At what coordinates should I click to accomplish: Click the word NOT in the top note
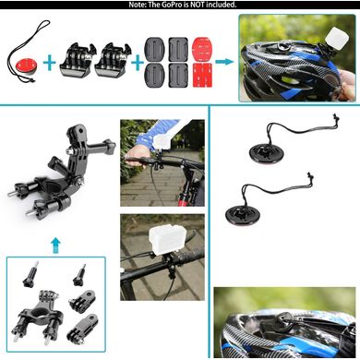pos(198,5)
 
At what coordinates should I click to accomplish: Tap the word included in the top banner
pos(222,5)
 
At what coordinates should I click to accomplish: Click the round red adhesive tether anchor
pos(27,69)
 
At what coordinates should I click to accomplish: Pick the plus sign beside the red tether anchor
pos(50,64)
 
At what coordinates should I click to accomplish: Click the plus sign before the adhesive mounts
pos(138,64)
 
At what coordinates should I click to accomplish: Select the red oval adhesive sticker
pos(202,48)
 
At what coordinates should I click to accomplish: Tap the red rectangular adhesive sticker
pos(202,75)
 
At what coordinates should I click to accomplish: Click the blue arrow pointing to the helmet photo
pos(224,62)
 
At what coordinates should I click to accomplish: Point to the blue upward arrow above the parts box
pos(55,245)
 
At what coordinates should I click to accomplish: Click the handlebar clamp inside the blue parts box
pos(40,317)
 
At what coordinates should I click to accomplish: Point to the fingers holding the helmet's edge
pos(347,87)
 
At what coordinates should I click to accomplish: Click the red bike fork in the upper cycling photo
pos(182,192)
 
